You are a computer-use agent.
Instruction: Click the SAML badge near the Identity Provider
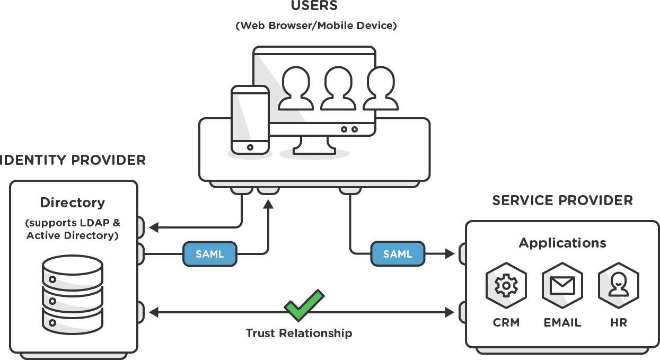point(210,254)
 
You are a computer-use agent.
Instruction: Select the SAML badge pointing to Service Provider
point(398,254)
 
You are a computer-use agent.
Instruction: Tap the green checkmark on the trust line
point(303,305)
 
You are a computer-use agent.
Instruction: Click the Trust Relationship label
point(298,333)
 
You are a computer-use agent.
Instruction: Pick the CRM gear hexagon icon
point(506,286)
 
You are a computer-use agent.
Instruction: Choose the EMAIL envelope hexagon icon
point(562,286)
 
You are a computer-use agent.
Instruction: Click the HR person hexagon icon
point(618,286)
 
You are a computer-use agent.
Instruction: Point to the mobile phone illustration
point(250,120)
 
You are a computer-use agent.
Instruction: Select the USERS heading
point(314,6)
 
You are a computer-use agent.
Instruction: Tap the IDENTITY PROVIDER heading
point(73,160)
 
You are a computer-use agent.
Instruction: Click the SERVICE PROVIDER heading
point(562,200)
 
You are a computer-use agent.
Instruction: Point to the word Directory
point(73,203)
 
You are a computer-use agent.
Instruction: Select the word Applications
point(562,243)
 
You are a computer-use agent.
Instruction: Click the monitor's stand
point(314,145)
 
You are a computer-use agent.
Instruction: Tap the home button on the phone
point(250,147)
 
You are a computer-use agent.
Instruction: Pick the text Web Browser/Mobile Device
point(316,25)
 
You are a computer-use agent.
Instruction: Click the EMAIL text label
point(562,322)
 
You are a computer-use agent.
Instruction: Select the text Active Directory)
point(73,235)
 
